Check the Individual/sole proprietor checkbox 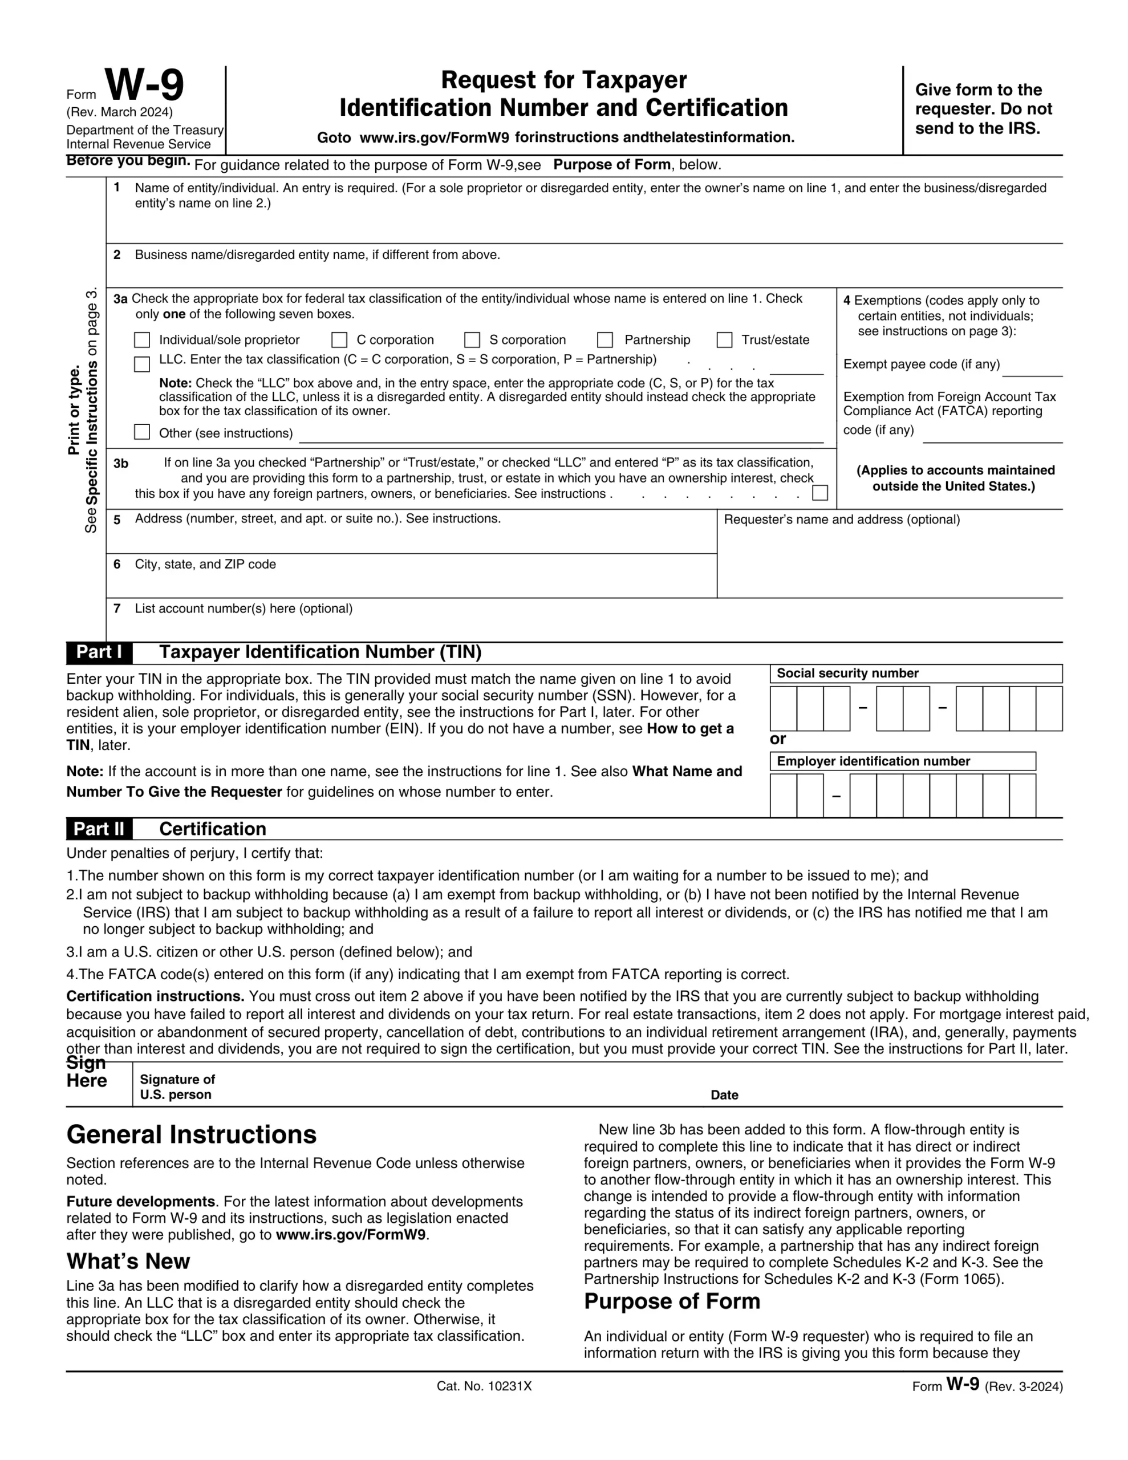pyautogui.click(x=142, y=339)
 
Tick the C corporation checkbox pyautogui.click(x=340, y=339)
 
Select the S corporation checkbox pyautogui.click(x=472, y=339)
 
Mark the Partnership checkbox pyautogui.click(x=605, y=339)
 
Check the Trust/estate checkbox pyautogui.click(x=724, y=339)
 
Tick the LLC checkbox pyautogui.click(x=142, y=364)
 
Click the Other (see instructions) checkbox pyautogui.click(x=142, y=432)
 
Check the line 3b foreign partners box pyautogui.click(x=819, y=493)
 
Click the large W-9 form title pyautogui.click(x=144, y=86)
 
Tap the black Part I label pyautogui.click(x=99, y=652)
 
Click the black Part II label pyautogui.click(x=99, y=829)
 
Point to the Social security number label pyautogui.click(x=847, y=673)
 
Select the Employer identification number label pyautogui.click(x=873, y=761)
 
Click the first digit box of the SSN pyautogui.click(x=783, y=708)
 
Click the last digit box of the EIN pyautogui.click(x=1022, y=796)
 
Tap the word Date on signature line pyautogui.click(x=724, y=1095)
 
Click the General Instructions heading pyautogui.click(x=191, y=1135)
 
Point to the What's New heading pyautogui.click(x=128, y=1262)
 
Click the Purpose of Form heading pyautogui.click(x=672, y=1301)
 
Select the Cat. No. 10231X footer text pyautogui.click(x=484, y=1386)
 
